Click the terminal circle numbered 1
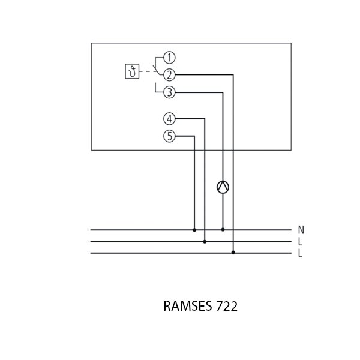click(169, 58)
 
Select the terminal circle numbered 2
click(169, 74)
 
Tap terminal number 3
click(169, 92)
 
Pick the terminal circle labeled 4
click(169, 119)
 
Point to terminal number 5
click(169, 136)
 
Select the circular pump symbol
click(223, 187)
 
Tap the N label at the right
click(301, 230)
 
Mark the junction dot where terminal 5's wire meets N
click(194, 229)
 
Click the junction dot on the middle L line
click(205, 242)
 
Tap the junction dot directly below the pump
click(223, 229)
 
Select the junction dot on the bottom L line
click(233, 253)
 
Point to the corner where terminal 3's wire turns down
click(223, 92)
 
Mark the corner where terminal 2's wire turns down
click(233, 74)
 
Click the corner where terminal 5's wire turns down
click(194, 136)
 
